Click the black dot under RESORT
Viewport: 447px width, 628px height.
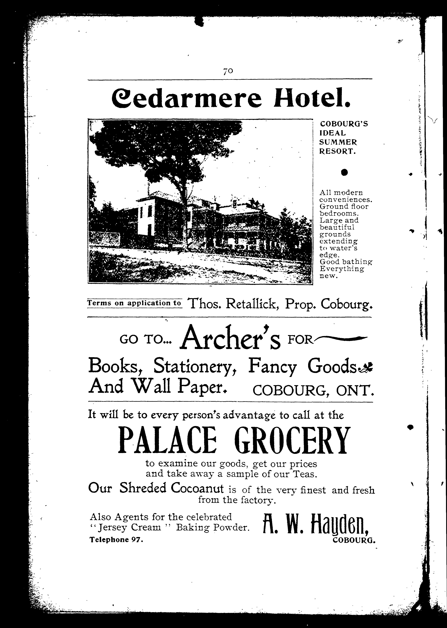point(344,172)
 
